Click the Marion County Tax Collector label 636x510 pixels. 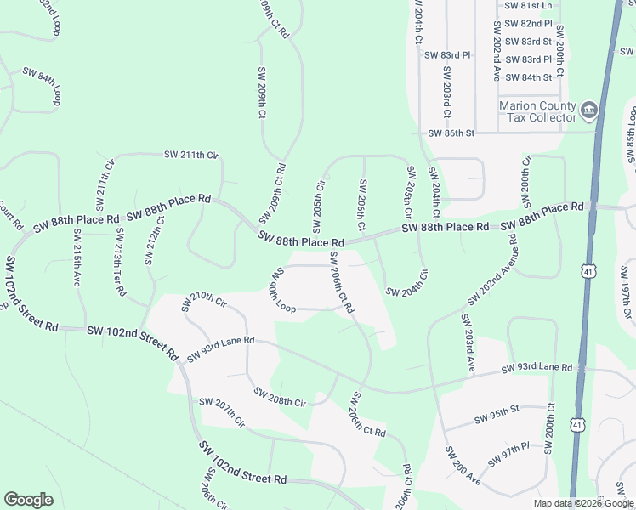coord(537,111)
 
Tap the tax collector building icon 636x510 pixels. coord(589,110)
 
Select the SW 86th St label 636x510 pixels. coord(451,133)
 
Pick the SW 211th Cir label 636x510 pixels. coord(191,155)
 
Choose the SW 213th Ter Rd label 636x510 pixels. coord(121,260)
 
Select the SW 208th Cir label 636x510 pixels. coord(280,397)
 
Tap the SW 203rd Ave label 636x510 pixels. coord(468,341)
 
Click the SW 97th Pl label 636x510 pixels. coord(508,454)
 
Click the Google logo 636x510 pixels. coord(28,500)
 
